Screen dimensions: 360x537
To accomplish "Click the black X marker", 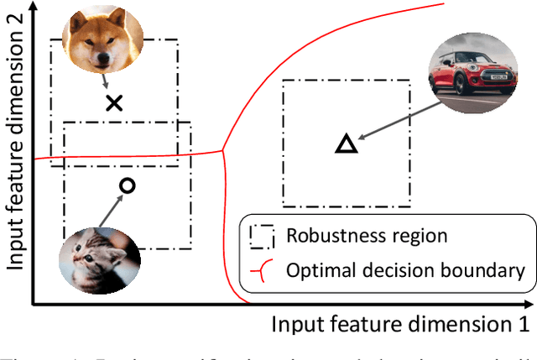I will (114, 103).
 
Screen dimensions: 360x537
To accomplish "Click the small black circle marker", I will (127, 185).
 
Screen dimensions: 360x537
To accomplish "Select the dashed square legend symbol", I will (260, 235).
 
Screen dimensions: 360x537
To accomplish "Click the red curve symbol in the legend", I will (260, 269).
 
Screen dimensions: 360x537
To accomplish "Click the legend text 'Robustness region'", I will (355, 235).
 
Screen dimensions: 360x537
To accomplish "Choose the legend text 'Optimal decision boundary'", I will (404, 270).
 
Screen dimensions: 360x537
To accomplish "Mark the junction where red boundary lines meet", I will (222, 151).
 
